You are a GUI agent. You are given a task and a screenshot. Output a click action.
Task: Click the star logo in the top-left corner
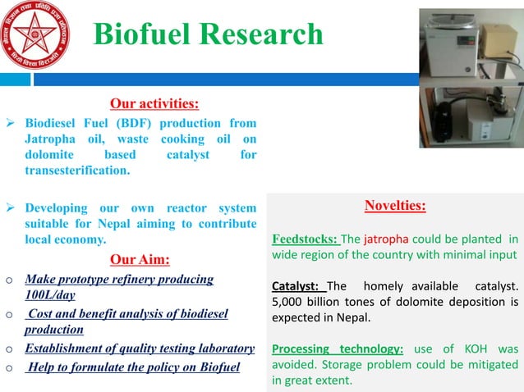point(35,34)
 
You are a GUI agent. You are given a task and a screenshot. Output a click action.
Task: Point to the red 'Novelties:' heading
point(394,205)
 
